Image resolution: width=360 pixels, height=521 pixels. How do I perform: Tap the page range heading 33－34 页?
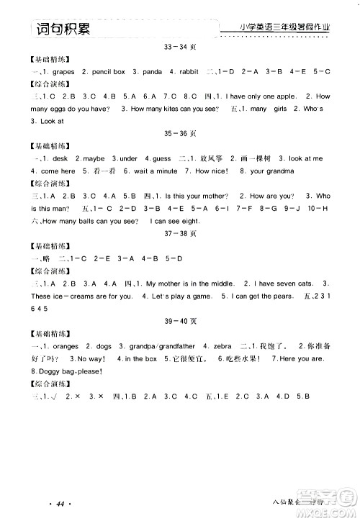180,48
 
